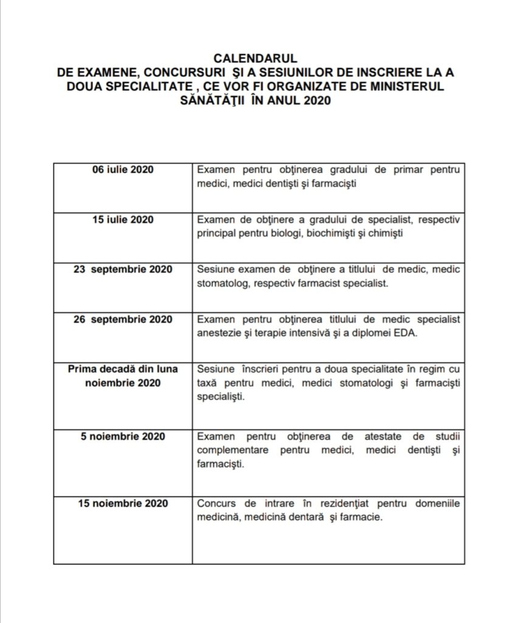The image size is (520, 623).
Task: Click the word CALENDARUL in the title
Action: point(255,58)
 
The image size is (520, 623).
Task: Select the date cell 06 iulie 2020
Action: point(122,169)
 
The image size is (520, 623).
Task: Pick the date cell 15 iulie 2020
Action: point(122,219)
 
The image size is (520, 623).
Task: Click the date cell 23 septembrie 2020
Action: point(122,270)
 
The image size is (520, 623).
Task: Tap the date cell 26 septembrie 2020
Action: point(122,319)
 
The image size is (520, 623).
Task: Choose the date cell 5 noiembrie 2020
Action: point(122,437)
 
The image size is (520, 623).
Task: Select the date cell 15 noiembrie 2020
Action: point(122,504)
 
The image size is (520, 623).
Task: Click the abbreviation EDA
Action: point(404,333)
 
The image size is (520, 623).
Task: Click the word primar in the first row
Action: point(411,169)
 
